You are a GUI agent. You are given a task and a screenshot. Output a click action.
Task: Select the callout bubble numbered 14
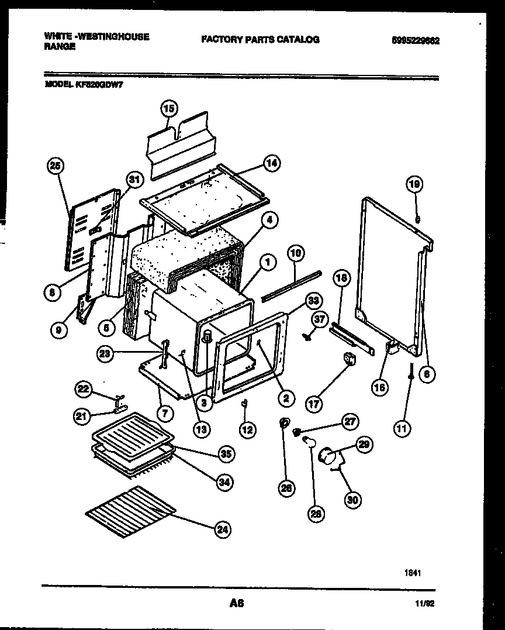pyautogui.click(x=271, y=164)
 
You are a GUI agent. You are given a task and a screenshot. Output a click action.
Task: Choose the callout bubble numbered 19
pyautogui.click(x=414, y=185)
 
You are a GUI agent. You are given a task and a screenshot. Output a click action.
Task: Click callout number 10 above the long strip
pyautogui.click(x=296, y=253)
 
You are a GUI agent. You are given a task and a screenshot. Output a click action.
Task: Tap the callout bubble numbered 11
pyautogui.click(x=402, y=429)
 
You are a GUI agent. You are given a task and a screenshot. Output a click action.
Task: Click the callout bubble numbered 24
pyautogui.click(x=222, y=530)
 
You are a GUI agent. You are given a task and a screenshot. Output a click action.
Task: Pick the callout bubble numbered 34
pyautogui.click(x=223, y=481)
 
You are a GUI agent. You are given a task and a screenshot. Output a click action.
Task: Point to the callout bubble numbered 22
pyautogui.click(x=85, y=389)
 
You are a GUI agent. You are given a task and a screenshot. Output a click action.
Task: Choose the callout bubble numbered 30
pyautogui.click(x=353, y=500)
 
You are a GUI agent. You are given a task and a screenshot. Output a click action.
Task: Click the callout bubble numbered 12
pyautogui.click(x=248, y=430)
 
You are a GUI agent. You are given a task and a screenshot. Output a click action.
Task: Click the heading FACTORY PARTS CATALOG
pyautogui.click(x=260, y=40)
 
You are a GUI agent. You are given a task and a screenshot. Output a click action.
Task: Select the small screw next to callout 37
pyautogui.click(x=306, y=336)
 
